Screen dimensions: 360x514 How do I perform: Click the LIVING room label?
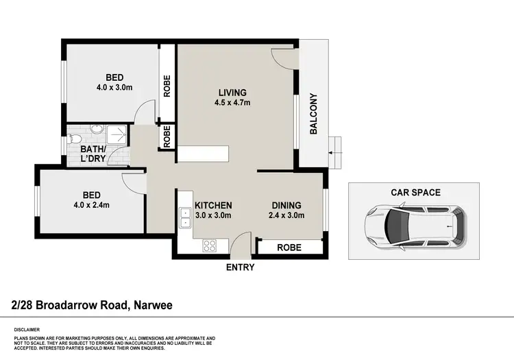point(232,93)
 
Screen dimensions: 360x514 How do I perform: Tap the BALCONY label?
point(313,114)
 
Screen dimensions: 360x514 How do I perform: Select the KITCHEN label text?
point(213,205)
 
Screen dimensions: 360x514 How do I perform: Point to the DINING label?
point(286,205)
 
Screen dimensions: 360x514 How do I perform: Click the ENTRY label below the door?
point(240,267)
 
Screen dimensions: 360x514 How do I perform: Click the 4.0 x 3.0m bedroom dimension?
point(115,87)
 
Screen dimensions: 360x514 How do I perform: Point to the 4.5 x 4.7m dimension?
point(232,104)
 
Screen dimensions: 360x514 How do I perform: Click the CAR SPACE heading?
point(415,193)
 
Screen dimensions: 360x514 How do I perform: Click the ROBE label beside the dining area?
point(288,248)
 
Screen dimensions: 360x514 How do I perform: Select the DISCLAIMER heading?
point(25,330)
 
